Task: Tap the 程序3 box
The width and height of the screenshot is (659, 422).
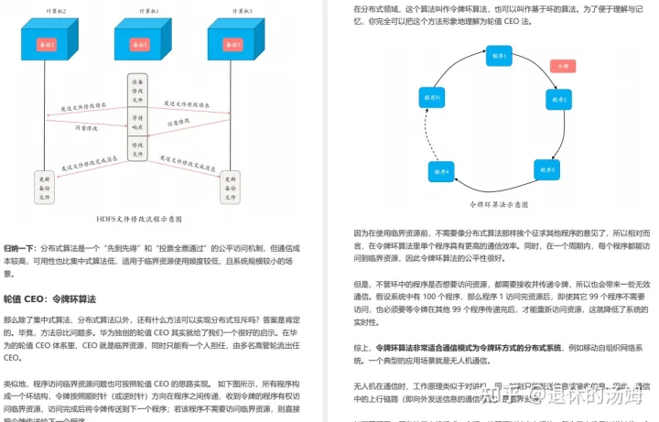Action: [546, 170]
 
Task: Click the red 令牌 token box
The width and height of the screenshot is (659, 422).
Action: [561, 66]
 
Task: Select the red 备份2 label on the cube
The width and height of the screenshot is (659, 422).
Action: [45, 44]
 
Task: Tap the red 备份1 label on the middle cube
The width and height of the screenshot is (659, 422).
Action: [139, 44]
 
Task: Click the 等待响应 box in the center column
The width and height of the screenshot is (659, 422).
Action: [138, 123]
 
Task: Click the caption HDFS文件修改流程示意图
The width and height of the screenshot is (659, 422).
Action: [139, 220]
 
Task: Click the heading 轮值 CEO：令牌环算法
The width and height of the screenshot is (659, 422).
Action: [49, 299]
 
